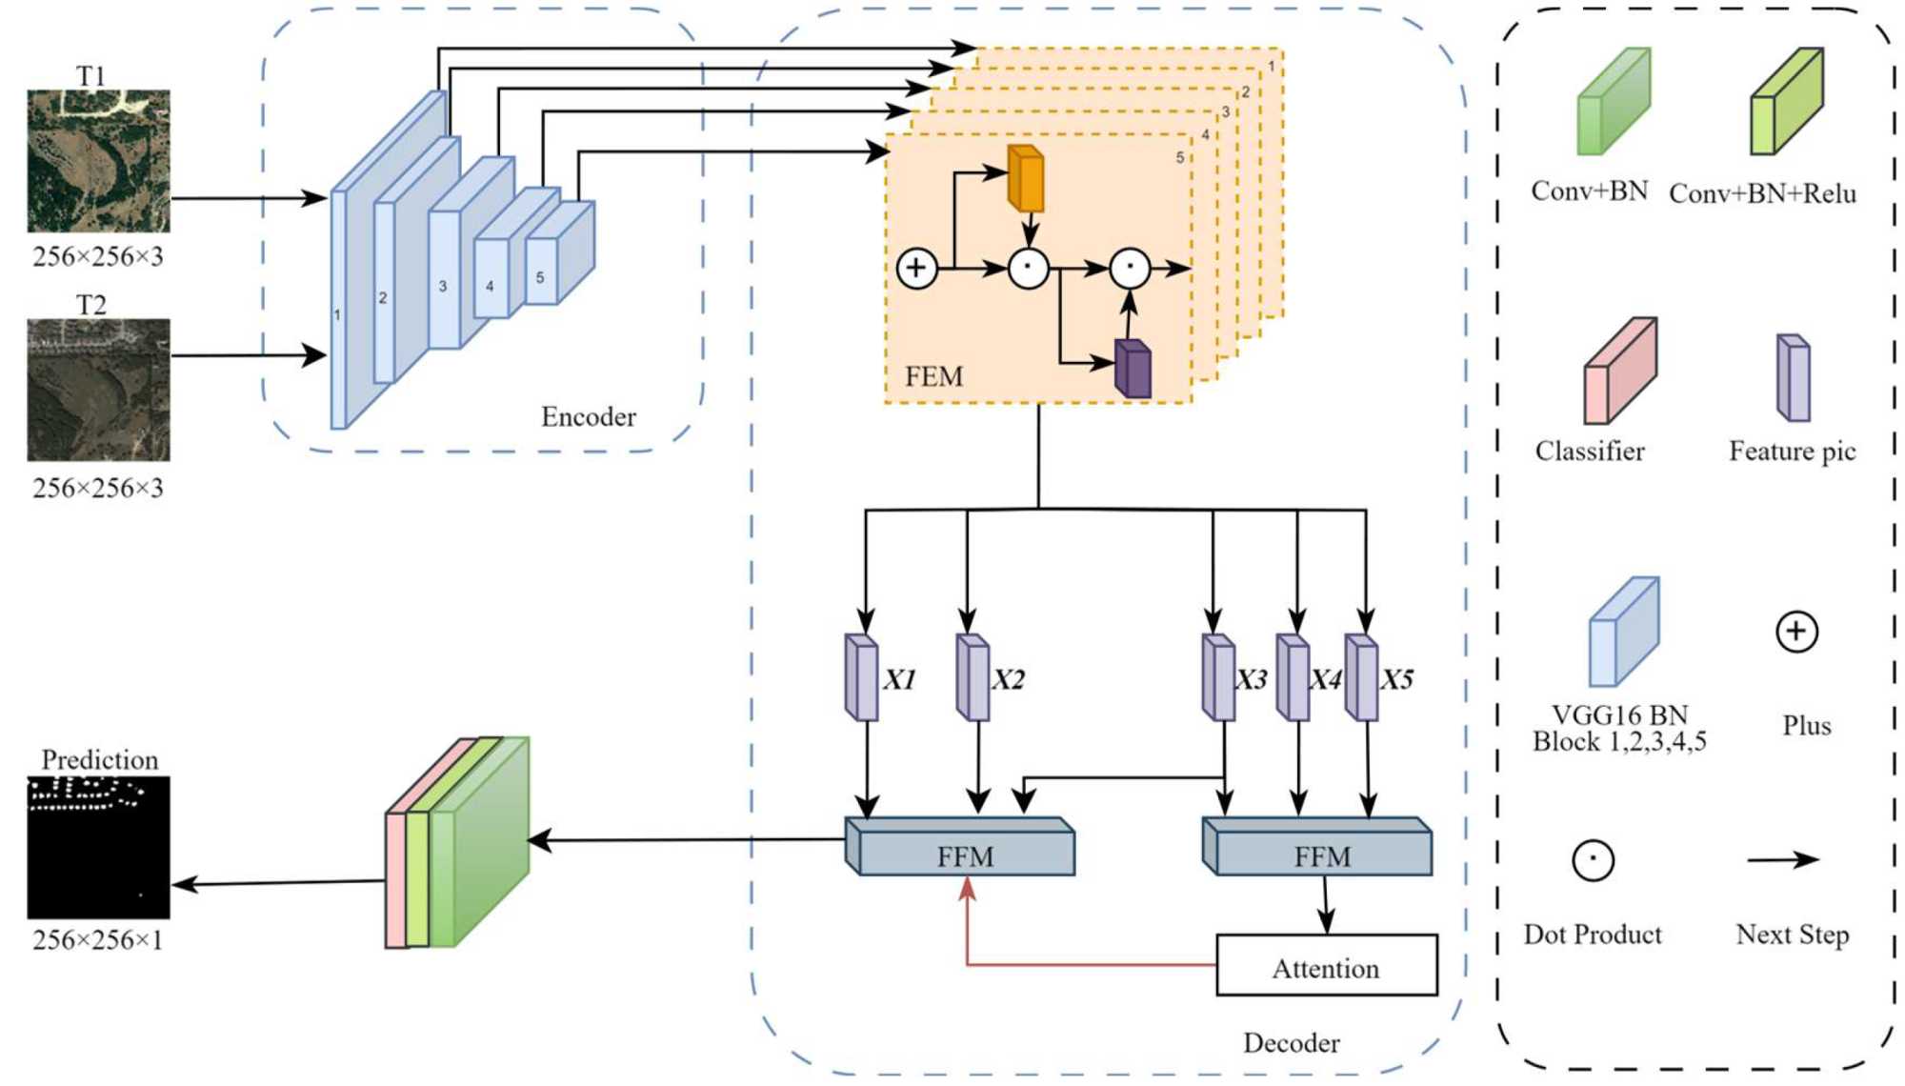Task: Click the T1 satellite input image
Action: click(x=98, y=161)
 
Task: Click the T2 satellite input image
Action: click(x=98, y=390)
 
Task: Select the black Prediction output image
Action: click(x=98, y=847)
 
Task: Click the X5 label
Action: click(x=1397, y=679)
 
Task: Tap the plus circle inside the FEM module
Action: click(x=916, y=268)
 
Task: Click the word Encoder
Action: click(x=588, y=416)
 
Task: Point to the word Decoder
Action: click(x=1291, y=1043)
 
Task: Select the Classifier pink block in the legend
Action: click(x=1619, y=372)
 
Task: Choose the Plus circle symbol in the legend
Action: click(x=1796, y=632)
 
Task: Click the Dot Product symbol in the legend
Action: click(x=1593, y=860)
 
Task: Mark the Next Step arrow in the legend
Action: click(x=1782, y=860)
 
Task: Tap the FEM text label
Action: click(x=933, y=377)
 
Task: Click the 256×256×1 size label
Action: click(x=98, y=940)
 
